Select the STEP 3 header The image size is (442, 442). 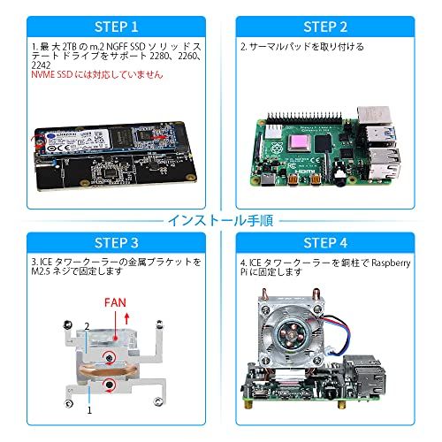click(x=109, y=243)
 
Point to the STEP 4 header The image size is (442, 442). click(x=331, y=243)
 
